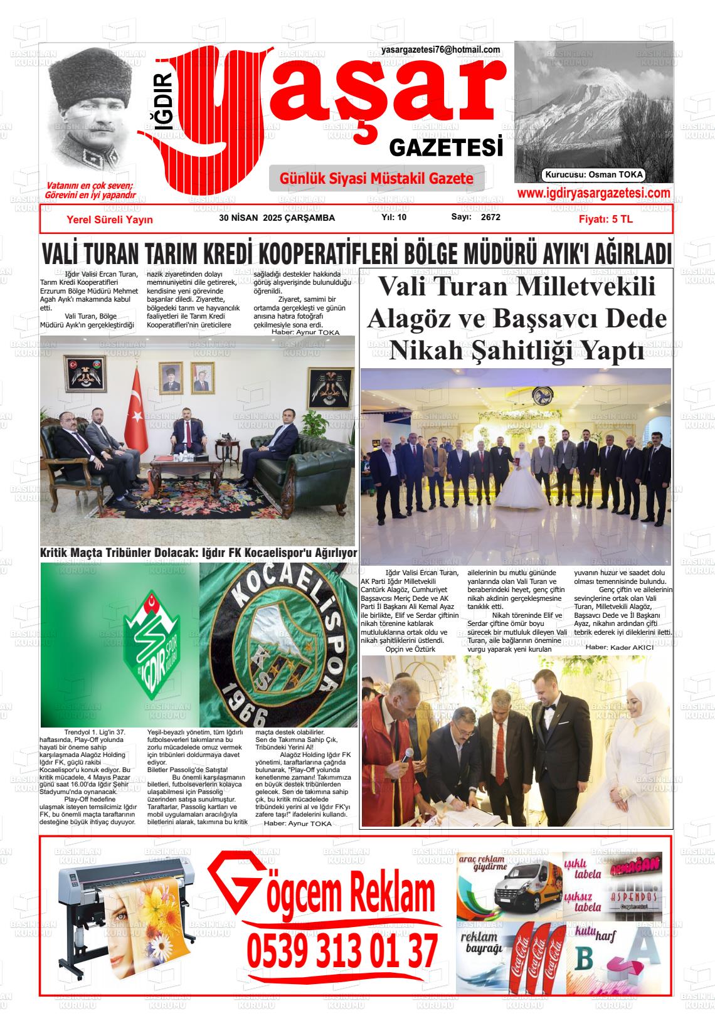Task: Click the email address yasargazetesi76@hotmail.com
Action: click(x=440, y=50)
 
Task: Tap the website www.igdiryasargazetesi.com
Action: click(x=593, y=193)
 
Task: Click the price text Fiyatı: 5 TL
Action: click(x=605, y=220)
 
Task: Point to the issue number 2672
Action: click(x=490, y=218)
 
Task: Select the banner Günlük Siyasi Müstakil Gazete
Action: click(x=376, y=179)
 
